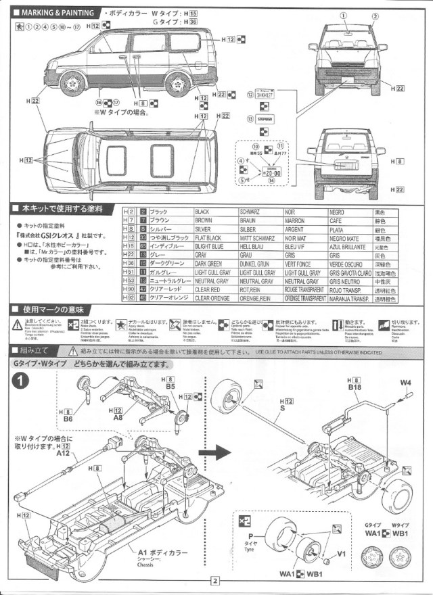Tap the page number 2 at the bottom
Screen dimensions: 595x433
[215, 580]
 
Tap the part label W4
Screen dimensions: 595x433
[405, 383]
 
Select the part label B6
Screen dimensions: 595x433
[67, 419]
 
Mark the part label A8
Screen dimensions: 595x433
[118, 418]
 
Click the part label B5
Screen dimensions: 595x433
[170, 387]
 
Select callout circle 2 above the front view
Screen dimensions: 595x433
[375, 16]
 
